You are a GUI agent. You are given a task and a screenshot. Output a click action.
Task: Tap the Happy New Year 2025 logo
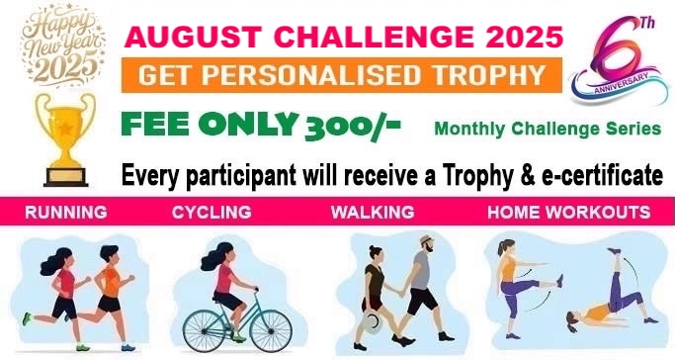coord(61,44)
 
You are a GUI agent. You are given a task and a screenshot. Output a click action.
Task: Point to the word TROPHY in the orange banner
coord(486,75)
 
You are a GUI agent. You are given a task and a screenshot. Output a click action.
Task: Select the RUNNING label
coord(66,213)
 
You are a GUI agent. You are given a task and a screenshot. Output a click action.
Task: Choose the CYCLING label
coord(211,213)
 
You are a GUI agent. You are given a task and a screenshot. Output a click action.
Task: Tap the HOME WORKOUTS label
coord(568,213)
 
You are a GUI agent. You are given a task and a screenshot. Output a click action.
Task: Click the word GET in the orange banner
coord(165,75)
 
